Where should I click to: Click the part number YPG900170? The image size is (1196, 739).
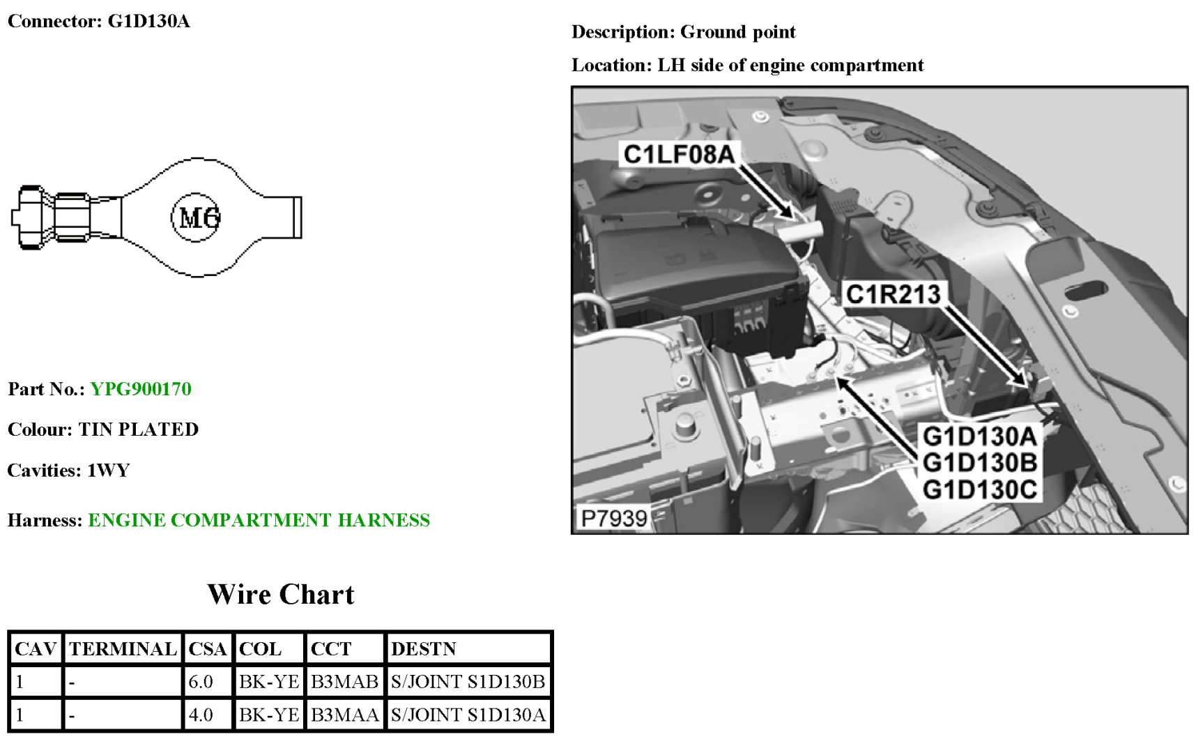pyautogui.click(x=141, y=389)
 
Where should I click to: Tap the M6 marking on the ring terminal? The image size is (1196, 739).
pyautogui.click(x=198, y=218)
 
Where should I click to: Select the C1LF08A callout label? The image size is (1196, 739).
pyautogui.click(x=678, y=155)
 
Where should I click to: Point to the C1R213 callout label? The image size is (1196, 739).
pyautogui.click(x=893, y=294)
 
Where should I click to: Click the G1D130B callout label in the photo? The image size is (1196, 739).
pyautogui.click(x=979, y=463)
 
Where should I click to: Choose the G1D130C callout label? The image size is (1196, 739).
pyautogui.click(x=979, y=489)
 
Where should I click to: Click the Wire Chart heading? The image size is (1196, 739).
pyautogui.click(x=281, y=595)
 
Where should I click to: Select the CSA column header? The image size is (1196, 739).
pyautogui.click(x=207, y=649)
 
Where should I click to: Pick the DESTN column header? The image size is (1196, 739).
pyautogui.click(x=423, y=649)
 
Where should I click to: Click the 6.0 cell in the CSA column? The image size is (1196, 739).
pyautogui.click(x=201, y=682)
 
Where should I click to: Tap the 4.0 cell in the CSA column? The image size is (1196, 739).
pyautogui.click(x=201, y=715)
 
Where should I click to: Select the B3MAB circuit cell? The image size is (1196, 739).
pyautogui.click(x=344, y=682)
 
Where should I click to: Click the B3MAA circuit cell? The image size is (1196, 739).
pyautogui.click(x=344, y=715)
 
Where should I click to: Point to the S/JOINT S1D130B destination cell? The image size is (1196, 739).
pyautogui.click(x=468, y=682)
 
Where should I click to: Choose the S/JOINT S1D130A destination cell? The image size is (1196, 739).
pyautogui.click(x=468, y=715)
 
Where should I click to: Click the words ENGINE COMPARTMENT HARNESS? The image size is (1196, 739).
pyautogui.click(x=259, y=520)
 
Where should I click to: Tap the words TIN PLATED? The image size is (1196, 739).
pyautogui.click(x=138, y=429)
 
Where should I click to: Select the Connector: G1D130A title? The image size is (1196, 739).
pyautogui.click(x=98, y=21)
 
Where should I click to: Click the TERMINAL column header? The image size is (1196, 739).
pyautogui.click(x=123, y=649)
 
